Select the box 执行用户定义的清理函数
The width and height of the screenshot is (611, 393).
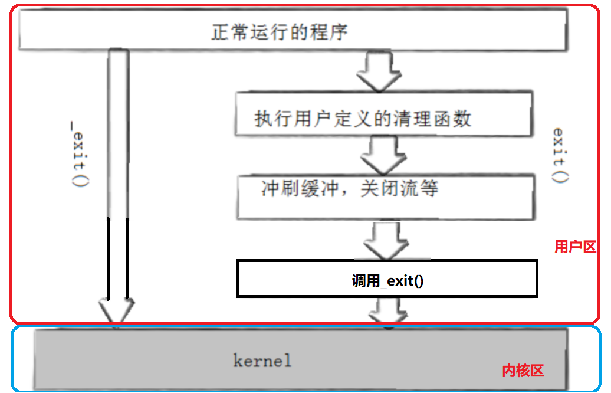point(383,114)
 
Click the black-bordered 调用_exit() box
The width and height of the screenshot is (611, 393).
point(386,278)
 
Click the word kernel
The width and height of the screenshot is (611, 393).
point(262,360)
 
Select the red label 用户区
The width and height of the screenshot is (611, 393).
point(575,247)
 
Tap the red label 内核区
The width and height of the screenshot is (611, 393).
point(522,371)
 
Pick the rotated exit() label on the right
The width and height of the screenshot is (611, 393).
point(560,155)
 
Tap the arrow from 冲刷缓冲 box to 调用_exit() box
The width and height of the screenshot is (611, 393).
point(386,239)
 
